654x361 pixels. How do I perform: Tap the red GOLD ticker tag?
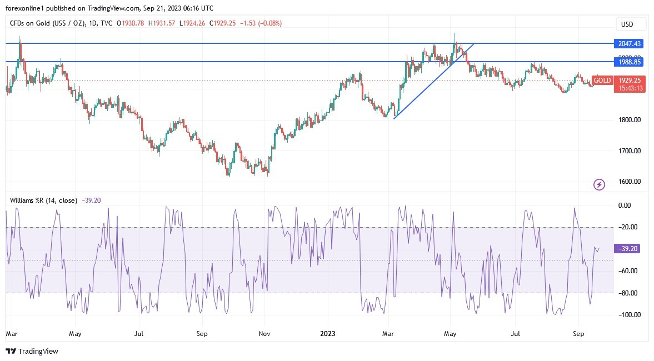[x=602, y=81]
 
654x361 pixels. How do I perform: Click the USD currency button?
[x=631, y=24]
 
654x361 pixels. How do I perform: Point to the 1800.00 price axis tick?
[x=630, y=120]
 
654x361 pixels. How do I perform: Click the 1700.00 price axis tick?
[x=630, y=151]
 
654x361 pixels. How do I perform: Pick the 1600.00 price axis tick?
[x=630, y=182]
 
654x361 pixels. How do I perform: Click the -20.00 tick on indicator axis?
[x=628, y=227]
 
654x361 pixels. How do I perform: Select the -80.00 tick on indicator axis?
[x=628, y=293]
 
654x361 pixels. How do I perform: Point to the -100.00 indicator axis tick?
[x=628, y=314]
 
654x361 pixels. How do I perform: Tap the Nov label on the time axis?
[x=264, y=334]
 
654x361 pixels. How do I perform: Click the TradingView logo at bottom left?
[x=32, y=351]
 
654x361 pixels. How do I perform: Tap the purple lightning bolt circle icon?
[x=599, y=184]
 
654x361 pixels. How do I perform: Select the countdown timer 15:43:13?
[x=631, y=88]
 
